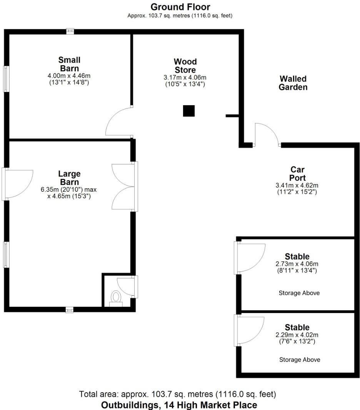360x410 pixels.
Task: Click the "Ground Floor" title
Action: click(180, 7)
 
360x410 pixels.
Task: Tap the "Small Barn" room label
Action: click(69, 64)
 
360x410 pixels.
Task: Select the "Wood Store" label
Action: click(185, 66)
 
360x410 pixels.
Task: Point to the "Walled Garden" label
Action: click(293, 83)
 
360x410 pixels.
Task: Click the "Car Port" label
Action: click(298, 174)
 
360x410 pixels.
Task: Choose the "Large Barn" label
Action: click(69, 178)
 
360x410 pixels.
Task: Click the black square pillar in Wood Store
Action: click(188, 111)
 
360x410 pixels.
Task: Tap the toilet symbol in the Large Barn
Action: click(115, 298)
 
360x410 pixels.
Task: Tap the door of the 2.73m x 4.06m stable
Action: click(250, 257)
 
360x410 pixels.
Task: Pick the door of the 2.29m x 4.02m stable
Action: click(250, 330)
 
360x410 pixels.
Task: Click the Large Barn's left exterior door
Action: click(18, 184)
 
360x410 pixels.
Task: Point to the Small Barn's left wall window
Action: click(7, 79)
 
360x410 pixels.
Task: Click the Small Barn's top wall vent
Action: click(70, 31)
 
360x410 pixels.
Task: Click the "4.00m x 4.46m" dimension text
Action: click(69, 76)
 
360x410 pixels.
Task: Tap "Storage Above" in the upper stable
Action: click(299, 293)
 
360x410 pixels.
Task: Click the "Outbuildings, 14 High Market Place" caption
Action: click(179, 405)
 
